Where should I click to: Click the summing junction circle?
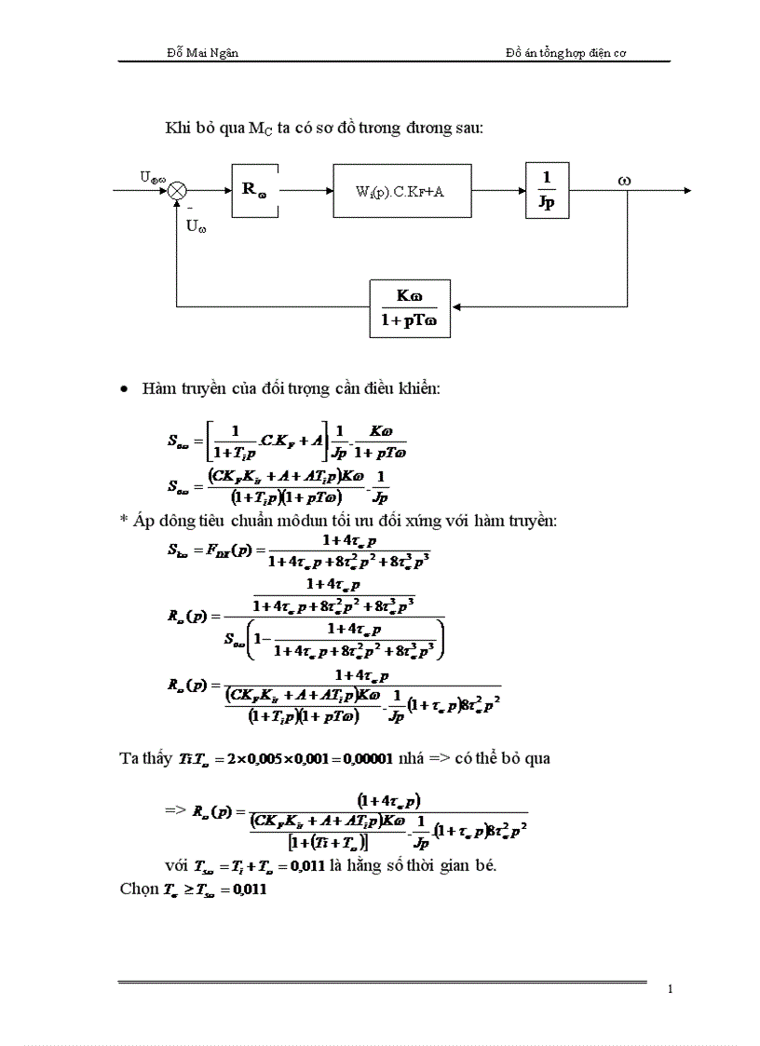point(177,190)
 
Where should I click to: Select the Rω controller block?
point(255,190)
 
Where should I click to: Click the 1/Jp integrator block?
point(547,190)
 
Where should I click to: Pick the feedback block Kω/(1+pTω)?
point(410,306)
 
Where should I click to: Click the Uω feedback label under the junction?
point(196,225)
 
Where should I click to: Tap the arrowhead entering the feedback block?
point(455,306)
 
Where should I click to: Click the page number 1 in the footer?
point(670,989)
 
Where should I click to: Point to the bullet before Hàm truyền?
point(126,387)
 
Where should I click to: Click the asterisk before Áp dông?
point(124,522)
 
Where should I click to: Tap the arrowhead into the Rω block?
point(225,191)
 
